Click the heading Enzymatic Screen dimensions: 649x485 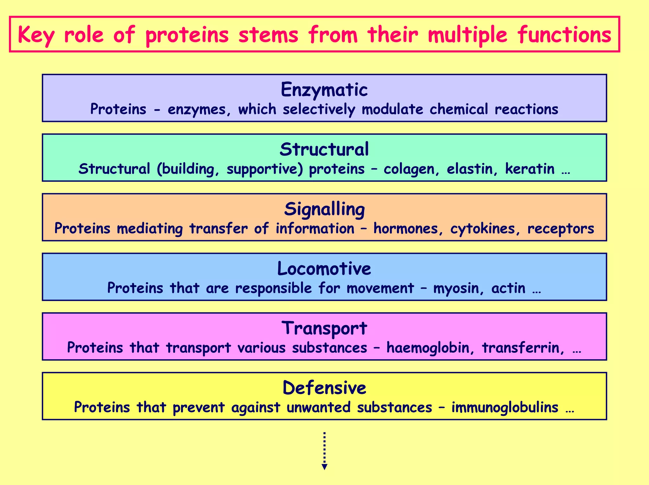point(324,90)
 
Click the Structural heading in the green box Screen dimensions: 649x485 point(324,149)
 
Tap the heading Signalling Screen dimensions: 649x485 point(324,209)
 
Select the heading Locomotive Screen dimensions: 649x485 point(324,269)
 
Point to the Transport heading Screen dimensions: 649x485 point(324,328)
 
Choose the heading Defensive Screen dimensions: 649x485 point(324,388)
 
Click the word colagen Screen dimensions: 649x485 point(411,169)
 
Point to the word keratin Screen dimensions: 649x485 point(530,169)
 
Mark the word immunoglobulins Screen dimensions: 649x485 point(505,407)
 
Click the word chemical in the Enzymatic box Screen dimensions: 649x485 point(459,109)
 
